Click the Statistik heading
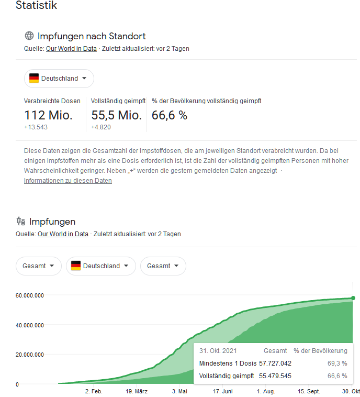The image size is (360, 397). click(36, 6)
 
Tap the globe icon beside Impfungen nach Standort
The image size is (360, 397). click(29, 36)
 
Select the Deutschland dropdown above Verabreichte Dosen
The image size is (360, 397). click(59, 79)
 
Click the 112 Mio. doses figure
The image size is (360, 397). click(48, 115)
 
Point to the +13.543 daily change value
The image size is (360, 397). click(36, 127)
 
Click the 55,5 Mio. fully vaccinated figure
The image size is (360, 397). click(116, 115)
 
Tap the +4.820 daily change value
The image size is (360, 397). click(101, 127)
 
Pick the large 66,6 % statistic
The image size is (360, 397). click(170, 115)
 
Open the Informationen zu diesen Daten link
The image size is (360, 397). click(67, 181)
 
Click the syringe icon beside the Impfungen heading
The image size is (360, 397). click(21, 222)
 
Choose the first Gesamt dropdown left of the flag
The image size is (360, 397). click(38, 266)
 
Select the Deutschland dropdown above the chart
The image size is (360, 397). click(101, 266)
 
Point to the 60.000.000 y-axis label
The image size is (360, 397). click(30, 295)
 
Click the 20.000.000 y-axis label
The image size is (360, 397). click(30, 355)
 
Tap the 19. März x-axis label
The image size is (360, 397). click(137, 391)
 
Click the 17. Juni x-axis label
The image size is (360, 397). click(223, 391)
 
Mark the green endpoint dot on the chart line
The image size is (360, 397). click(353, 298)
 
